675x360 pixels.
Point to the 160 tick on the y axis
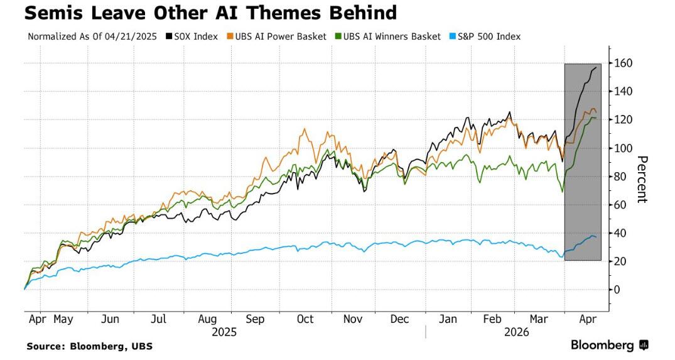click(x=623, y=63)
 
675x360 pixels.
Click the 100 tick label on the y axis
click(x=623, y=148)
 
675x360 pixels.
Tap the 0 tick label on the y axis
click(x=617, y=290)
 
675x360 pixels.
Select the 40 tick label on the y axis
click(x=620, y=233)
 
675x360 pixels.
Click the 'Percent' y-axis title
click(x=642, y=179)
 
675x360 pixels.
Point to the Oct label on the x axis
click(x=305, y=319)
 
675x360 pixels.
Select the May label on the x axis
click(x=63, y=319)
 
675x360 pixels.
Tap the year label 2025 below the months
click(x=224, y=332)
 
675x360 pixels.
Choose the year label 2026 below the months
click(x=517, y=332)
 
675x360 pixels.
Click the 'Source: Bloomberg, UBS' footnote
click(x=89, y=346)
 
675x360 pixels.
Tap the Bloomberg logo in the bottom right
click(x=609, y=345)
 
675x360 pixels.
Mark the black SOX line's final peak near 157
click(x=595, y=67)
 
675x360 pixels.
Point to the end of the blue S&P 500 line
click(x=597, y=237)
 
